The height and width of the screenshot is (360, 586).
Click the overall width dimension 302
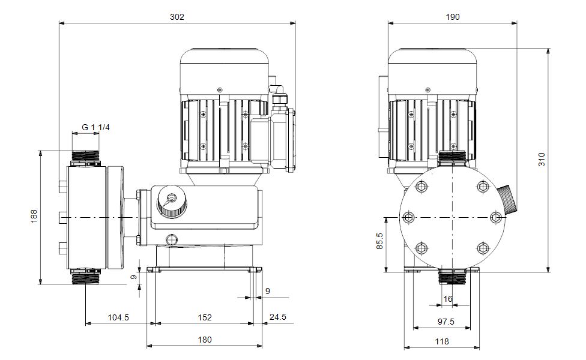coord(177,17)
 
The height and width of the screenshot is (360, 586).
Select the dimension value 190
coord(453,17)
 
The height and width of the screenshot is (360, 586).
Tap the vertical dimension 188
coord(34,216)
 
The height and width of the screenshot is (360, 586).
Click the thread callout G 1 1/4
coord(95,127)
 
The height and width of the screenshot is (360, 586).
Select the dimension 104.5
coord(118,317)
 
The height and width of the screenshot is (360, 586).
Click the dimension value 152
coord(204,317)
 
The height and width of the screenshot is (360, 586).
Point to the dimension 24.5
coord(278,317)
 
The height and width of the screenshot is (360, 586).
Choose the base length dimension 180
coord(204,340)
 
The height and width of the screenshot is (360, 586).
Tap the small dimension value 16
coord(448,299)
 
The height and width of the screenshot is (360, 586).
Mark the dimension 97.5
coord(446,322)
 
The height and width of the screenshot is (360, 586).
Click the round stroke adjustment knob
coord(171,200)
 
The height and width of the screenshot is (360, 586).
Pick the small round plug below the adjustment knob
coord(172,239)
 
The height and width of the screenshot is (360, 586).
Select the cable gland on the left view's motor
coord(277,92)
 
